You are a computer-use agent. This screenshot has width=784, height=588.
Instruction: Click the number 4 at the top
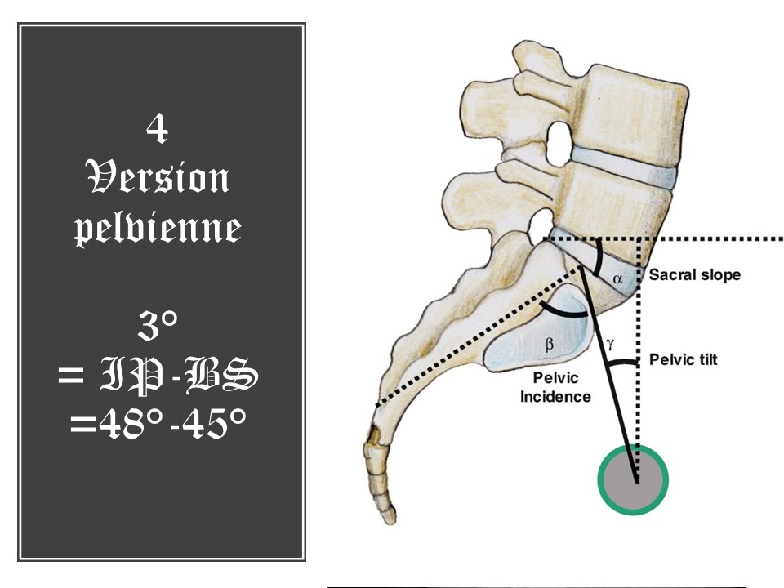point(157,129)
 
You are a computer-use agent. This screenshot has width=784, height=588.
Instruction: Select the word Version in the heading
point(157,177)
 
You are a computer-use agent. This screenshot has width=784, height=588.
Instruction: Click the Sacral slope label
point(695,275)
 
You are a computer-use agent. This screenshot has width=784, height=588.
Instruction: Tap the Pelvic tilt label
point(684,359)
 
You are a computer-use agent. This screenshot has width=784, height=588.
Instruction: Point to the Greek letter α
point(618,278)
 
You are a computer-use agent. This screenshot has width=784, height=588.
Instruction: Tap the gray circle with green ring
point(633,479)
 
